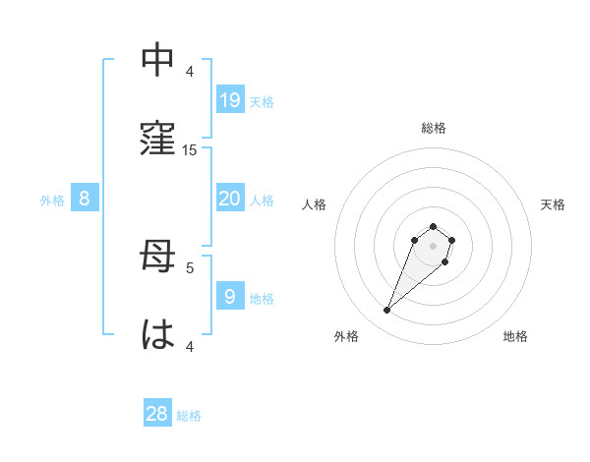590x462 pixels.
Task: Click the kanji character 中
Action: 158,62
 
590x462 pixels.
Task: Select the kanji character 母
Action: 158,258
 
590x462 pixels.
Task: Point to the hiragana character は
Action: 158,334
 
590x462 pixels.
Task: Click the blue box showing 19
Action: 230,100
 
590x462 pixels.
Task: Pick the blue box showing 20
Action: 230,200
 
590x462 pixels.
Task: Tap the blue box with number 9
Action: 230,296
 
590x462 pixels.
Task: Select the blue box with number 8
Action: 85,199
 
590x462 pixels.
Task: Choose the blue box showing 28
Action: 157,414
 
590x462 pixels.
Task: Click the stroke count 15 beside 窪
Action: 190,150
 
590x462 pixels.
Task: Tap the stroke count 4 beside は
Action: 190,346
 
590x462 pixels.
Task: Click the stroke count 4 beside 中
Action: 190,72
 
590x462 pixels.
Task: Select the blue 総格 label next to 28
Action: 189,416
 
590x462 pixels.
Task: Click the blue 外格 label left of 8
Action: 52,201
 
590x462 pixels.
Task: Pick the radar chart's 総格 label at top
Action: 434,128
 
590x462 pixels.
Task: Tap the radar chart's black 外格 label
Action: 346,336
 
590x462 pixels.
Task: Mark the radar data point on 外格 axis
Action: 387,311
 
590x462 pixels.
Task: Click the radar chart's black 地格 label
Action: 515,336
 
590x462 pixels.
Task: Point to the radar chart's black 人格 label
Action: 314,204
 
